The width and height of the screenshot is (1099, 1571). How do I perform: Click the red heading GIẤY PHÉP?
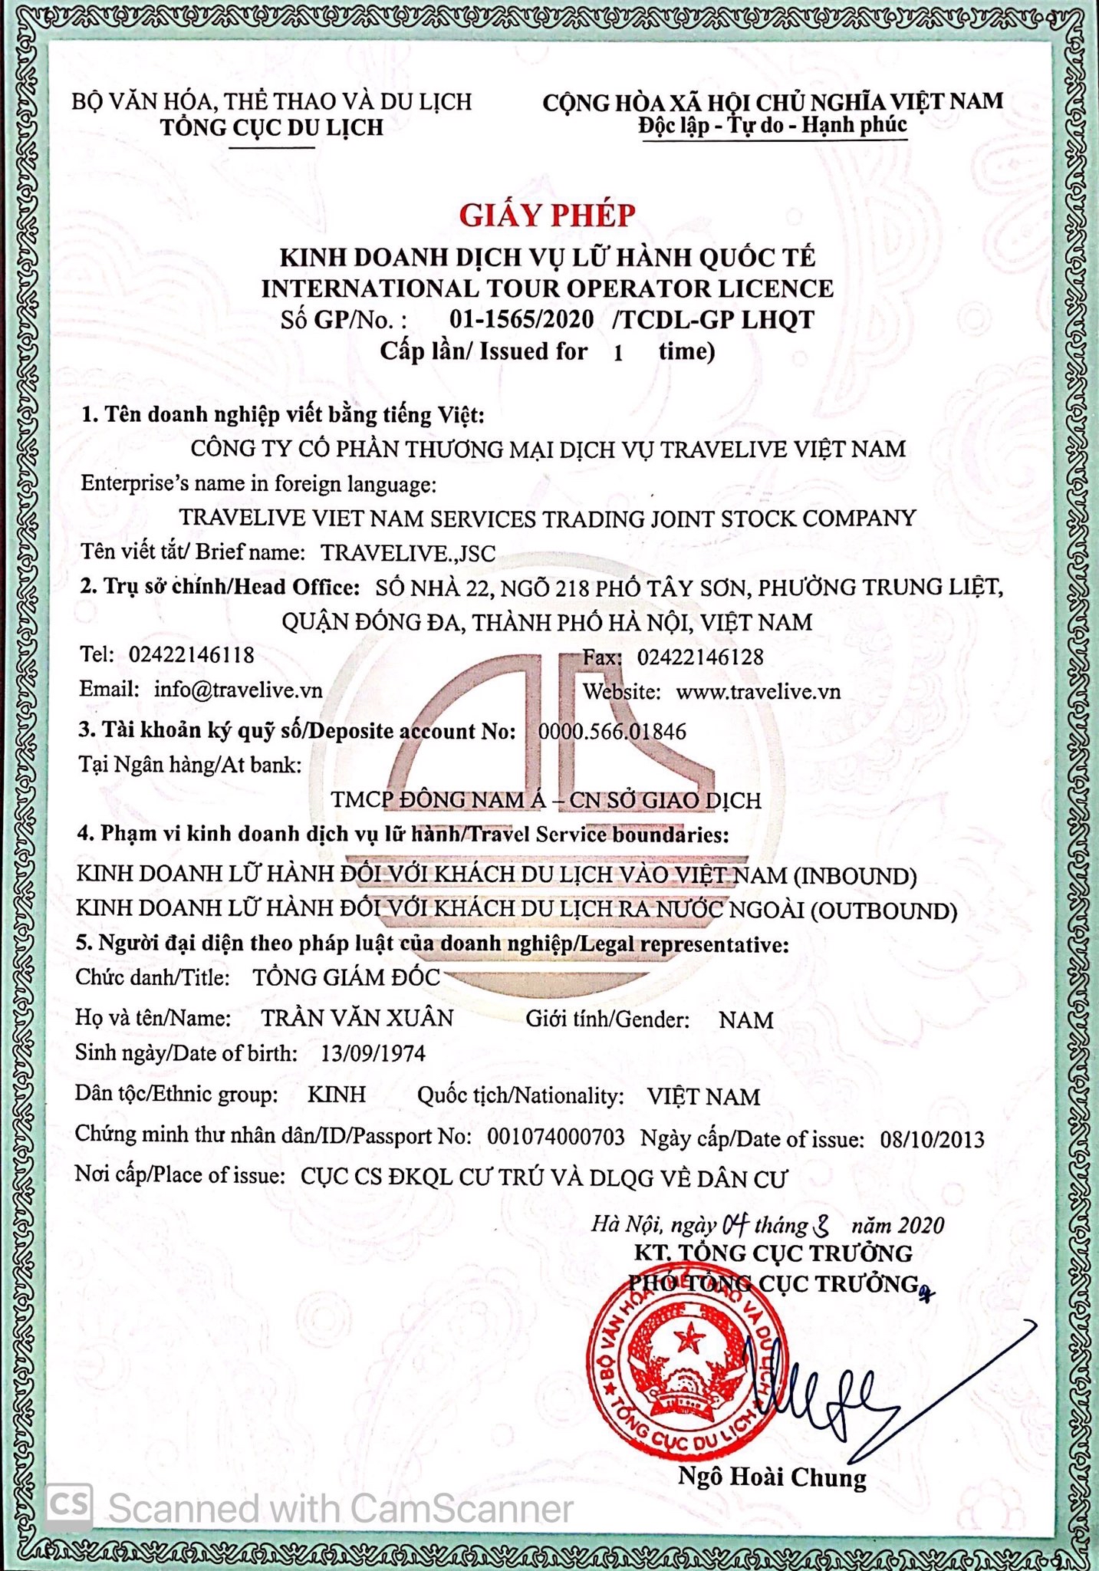click(548, 216)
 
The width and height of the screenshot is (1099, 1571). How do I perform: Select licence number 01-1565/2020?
click(522, 319)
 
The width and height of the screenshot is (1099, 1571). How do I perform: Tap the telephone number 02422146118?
click(191, 655)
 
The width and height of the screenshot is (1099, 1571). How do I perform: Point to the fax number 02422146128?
click(700, 657)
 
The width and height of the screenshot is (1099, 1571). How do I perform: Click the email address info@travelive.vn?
click(238, 689)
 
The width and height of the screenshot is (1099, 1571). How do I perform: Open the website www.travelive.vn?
click(758, 691)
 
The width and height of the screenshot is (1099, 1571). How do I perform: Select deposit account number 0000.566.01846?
click(612, 731)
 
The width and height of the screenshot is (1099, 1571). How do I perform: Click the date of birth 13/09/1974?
click(373, 1053)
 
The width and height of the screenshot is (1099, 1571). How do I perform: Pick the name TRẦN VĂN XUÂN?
click(357, 1018)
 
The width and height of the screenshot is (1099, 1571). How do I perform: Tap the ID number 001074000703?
click(556, 1137)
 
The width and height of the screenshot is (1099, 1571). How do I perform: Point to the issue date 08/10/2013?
click(932, 1139)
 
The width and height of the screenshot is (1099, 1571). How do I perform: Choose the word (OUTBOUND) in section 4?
click(883, 911)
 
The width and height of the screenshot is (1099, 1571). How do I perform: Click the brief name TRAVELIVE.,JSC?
click(408, 553)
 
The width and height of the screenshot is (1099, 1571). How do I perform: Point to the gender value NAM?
click(746, 1020)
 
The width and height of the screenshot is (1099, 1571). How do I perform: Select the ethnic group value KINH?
click(337, 1095)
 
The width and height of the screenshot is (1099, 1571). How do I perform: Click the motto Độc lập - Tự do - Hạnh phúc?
click(772, 125)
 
